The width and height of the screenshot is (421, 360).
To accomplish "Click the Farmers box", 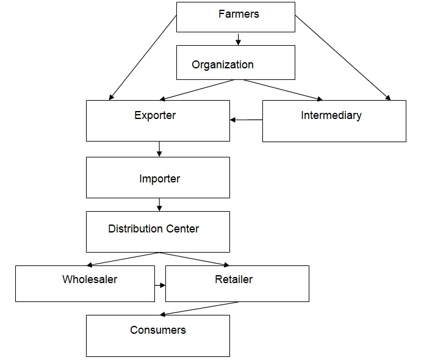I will pyautogui.click(x=236, y=16).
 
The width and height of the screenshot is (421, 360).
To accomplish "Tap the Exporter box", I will pyautogui.click(x=157, y=120).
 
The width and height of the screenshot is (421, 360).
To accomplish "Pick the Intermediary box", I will pyautogui.click(x=334, y=121).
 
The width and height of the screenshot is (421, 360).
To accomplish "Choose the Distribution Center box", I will pyautogui.click(x=157, y=232).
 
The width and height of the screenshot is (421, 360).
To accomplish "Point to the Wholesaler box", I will pyautogui.click(x=85, y=283).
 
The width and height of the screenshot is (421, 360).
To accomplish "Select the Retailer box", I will pyautogui.click(x=237, y=283).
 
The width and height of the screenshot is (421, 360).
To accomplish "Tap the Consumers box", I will pyautogui.click(x=157, y=336).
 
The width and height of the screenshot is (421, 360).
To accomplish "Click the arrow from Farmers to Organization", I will pyautogui.click(x=238, y=39).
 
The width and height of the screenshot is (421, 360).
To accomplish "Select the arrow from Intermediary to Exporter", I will pyautogui.click(x=246, y=120).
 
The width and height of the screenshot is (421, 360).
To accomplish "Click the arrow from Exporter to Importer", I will pyautogui.click(x=159, y=149).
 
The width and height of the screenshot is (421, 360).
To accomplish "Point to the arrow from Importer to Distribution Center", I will pyautogui.click(x=159, y=204).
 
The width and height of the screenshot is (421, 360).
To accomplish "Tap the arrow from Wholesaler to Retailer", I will pyautogui.click(x=160, y=285).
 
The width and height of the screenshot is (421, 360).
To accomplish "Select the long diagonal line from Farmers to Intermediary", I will pyautogui.click(x=342, y=57).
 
